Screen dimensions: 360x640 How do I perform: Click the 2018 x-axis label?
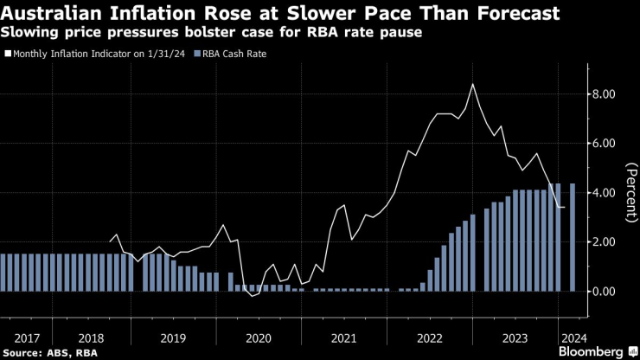point(91,337)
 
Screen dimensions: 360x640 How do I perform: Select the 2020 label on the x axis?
point(259,337)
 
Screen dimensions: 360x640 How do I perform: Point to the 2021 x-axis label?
point(344,337)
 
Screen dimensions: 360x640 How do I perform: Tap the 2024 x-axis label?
point(572,337)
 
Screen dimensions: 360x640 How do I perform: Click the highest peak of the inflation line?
point(472,84)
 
